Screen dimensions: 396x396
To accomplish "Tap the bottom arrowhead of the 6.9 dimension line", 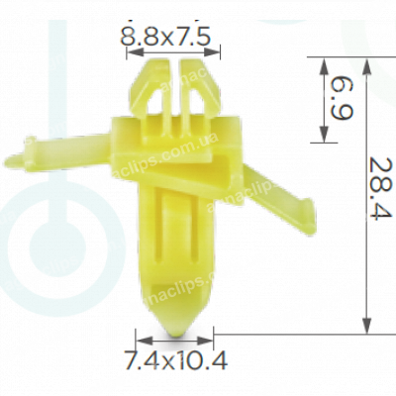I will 324,137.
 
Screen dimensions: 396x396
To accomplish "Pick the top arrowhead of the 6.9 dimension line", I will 324,62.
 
